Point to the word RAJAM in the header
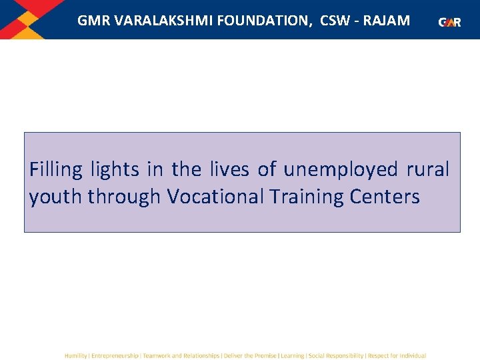(386, 21)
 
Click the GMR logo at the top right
(450, 22)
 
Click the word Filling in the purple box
(56, 170)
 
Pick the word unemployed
(340, 170)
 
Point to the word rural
(428, 170)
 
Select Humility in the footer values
(75, 356)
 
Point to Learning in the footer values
(292, 356)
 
